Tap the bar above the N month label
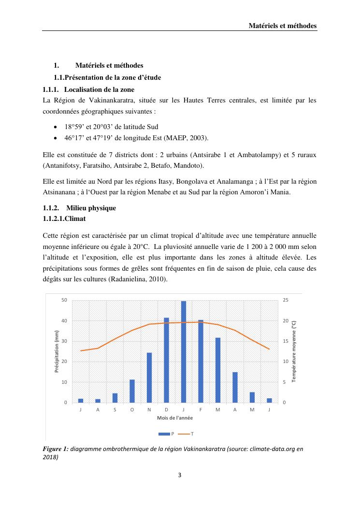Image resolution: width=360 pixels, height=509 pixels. click(x=149, y=378)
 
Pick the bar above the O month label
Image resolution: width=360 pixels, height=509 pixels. click(x=132, y=391)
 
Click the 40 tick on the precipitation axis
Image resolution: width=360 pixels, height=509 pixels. click(x=64, y=321)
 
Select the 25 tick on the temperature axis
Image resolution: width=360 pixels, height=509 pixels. click(x=286, y=300)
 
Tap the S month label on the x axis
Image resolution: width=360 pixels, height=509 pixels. click(x=115, y=410)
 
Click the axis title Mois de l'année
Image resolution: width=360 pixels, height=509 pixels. click(x=174, y=418)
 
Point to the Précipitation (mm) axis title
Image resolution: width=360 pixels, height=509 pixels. click(x=57, y=351)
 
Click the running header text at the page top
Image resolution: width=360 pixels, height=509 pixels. click(x=283, y=25)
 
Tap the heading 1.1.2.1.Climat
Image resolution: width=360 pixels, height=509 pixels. click(x=65, y=218)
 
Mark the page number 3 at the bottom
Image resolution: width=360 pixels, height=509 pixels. click(x=180, y=475)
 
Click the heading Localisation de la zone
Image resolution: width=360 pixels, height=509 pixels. click(x=99, y=89)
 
